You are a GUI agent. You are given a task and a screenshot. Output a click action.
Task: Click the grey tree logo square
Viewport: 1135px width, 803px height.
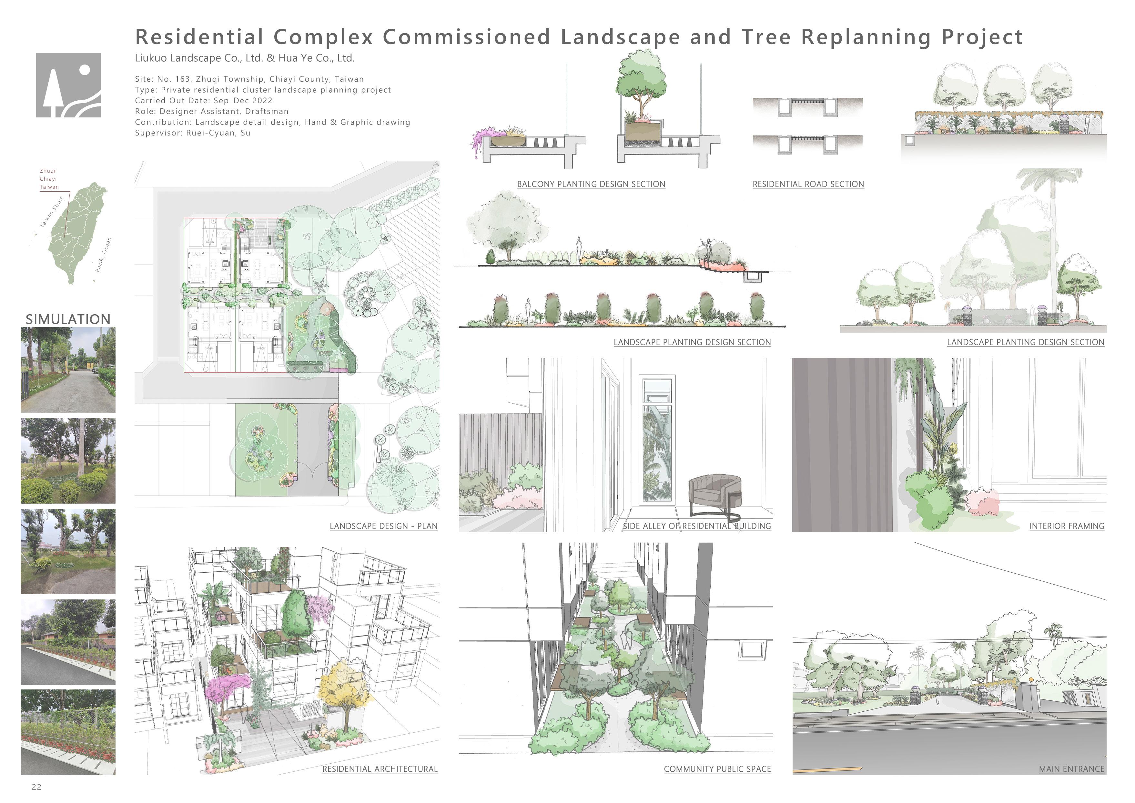pyautogui.click(x=68, y=85)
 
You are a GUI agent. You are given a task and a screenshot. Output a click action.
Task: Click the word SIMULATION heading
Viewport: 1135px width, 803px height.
pyautogui.click(x=68, y=319)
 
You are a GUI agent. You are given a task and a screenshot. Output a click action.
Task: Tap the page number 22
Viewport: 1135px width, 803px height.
pyautogui.click(x=36, y=787)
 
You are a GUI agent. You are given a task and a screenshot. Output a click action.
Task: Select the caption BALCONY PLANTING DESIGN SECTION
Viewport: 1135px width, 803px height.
pyautogui.click(x=591, y=184)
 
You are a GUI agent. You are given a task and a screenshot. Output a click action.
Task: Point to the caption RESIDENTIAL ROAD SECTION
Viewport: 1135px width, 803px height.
pyautogui.click(x=808, y=184)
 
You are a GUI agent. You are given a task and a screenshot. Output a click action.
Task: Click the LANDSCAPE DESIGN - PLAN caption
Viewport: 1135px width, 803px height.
pyautogui.click(x=383, y=526)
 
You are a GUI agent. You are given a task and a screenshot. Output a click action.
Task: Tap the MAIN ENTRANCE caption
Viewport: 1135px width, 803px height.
pyautogui.click(x=1071, y=769)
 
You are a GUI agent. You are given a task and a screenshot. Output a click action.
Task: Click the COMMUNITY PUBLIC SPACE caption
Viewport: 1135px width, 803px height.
pyautogui.click(x=717, y=769)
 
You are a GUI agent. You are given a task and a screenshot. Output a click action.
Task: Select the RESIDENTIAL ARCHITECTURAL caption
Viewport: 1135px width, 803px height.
pyautogui.click(x=380, y=769)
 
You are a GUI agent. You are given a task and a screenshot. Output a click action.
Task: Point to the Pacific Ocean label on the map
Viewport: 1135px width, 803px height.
pyautogui.click(x=103, y=255)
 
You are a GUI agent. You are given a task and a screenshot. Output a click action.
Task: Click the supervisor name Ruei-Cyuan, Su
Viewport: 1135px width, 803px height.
pyautogui.click(x=218, y=133)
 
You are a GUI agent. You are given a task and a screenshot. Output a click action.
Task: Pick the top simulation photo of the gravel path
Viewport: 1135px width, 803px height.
pyautogui.click(x=68, y=370)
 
